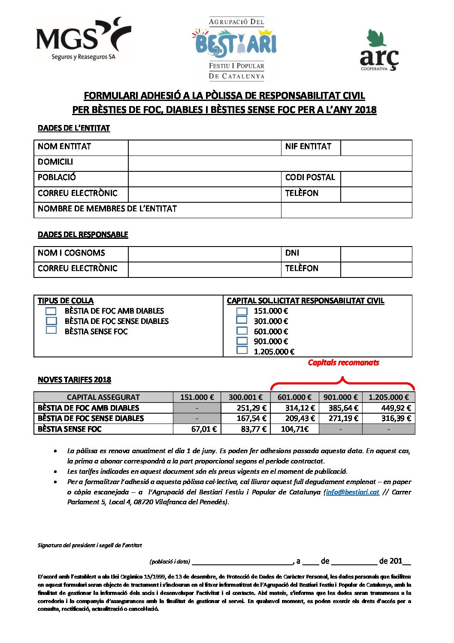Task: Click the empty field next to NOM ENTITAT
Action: click(204, 147)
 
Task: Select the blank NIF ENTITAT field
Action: click(376, 147)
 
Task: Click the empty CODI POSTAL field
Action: click(376, 178)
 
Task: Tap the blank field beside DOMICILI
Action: click(269, 163)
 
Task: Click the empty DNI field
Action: click(376, 254)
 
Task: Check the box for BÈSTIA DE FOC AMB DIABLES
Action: click(51, 311)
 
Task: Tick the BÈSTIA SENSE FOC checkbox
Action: click(51, 330)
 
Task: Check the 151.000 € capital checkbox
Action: click(242, 311)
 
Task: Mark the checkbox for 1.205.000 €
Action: click(242, 350)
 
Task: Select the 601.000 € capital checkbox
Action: click(242, 331)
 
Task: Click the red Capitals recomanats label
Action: click(343, 363)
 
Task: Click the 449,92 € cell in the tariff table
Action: click(389, 408)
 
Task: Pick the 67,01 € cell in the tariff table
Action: click(197, 429)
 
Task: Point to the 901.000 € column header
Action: click(341, 397)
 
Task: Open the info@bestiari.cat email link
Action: click(352, 492)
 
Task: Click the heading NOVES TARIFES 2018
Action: click(74, 380)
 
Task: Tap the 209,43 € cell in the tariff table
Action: click(295, 418)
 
